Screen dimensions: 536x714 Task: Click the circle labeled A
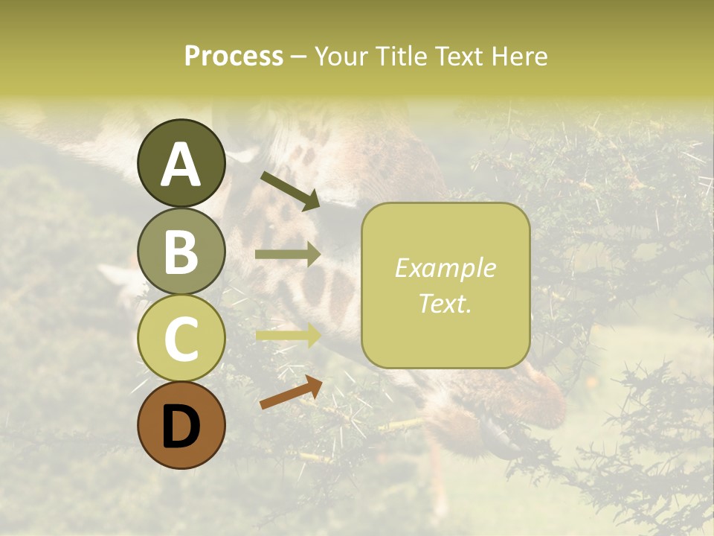pos(181,163)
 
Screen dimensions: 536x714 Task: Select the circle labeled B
pos(181,251)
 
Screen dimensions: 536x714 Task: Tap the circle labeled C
pos(181,338)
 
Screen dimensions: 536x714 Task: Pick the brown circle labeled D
pos(181,425)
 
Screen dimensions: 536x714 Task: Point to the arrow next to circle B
pos(288,255)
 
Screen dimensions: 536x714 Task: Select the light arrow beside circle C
pos(288,335)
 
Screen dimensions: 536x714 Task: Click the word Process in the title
pos(234,56)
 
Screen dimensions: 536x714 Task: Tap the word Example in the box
pos(446,268)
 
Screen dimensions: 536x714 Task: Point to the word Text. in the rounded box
pos(446,303)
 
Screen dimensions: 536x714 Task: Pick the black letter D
pos(181,427)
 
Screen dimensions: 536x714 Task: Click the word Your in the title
pos(339,56)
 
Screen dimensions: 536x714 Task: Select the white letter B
pos(181,252)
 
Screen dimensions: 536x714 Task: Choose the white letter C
pos(181,339)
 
